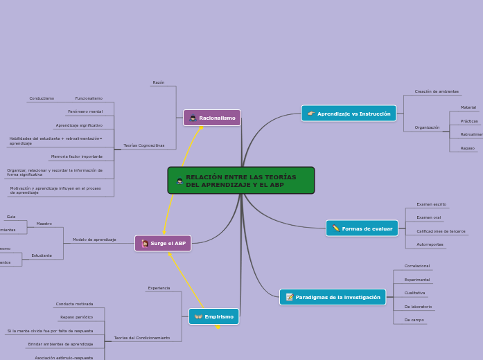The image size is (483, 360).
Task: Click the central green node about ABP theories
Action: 240,181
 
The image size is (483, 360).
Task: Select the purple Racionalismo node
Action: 212,118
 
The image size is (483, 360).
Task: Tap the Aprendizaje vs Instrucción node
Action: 349,114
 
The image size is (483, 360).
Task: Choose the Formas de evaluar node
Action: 362,228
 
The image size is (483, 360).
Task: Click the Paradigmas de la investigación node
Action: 333,297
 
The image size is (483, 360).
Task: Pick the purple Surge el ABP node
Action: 163,243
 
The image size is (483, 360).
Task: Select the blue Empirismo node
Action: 213,316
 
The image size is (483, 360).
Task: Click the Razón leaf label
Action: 159,82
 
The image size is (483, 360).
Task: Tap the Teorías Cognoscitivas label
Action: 143,145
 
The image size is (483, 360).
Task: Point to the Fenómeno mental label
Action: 85,111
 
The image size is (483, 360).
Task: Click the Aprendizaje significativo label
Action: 79,125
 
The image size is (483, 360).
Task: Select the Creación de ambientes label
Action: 437,91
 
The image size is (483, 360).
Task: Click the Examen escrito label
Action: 431,204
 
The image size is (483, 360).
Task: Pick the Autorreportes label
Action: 430,244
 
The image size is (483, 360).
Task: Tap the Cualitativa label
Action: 414,293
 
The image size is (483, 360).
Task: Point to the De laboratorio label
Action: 418,307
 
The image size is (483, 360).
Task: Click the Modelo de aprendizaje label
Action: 94,240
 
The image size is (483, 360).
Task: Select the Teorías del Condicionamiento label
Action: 142,338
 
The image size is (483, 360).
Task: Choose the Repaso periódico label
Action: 76,317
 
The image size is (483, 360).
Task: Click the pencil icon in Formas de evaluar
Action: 335,228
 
